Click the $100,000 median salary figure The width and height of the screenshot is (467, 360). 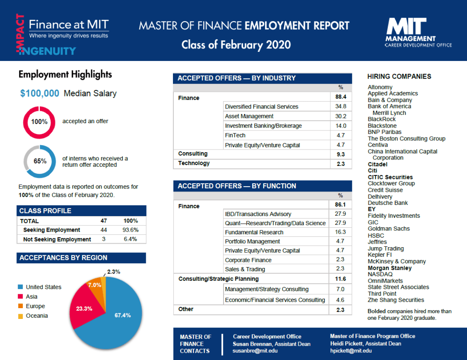click(x=40, y=93)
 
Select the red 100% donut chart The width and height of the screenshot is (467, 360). click(x=39, y=122)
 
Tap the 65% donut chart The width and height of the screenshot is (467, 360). click(x=40, y=161)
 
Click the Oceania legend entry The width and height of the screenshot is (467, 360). click(x=37, y=315)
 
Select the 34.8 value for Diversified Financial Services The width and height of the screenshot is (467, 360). click(x=341, y=107)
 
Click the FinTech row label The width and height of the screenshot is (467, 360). click(x=235, y=135)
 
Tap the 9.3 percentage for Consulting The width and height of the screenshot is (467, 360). click(x=341, y=154)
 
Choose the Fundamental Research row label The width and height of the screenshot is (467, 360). click(x=251, y=232)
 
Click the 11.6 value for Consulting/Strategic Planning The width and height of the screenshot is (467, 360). click(x=341, y=279)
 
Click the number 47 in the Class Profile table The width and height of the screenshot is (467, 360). click(x=103, y=221)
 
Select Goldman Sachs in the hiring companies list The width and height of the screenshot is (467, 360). click(x=388, y=229)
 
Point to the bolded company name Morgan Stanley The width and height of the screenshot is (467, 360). click(x=390, y=268)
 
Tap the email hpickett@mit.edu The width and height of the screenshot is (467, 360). click(x=351, y=350)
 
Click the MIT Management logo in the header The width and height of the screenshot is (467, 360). click(x=417, y=32)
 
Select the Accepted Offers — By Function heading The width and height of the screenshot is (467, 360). click(x=237, y=186)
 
